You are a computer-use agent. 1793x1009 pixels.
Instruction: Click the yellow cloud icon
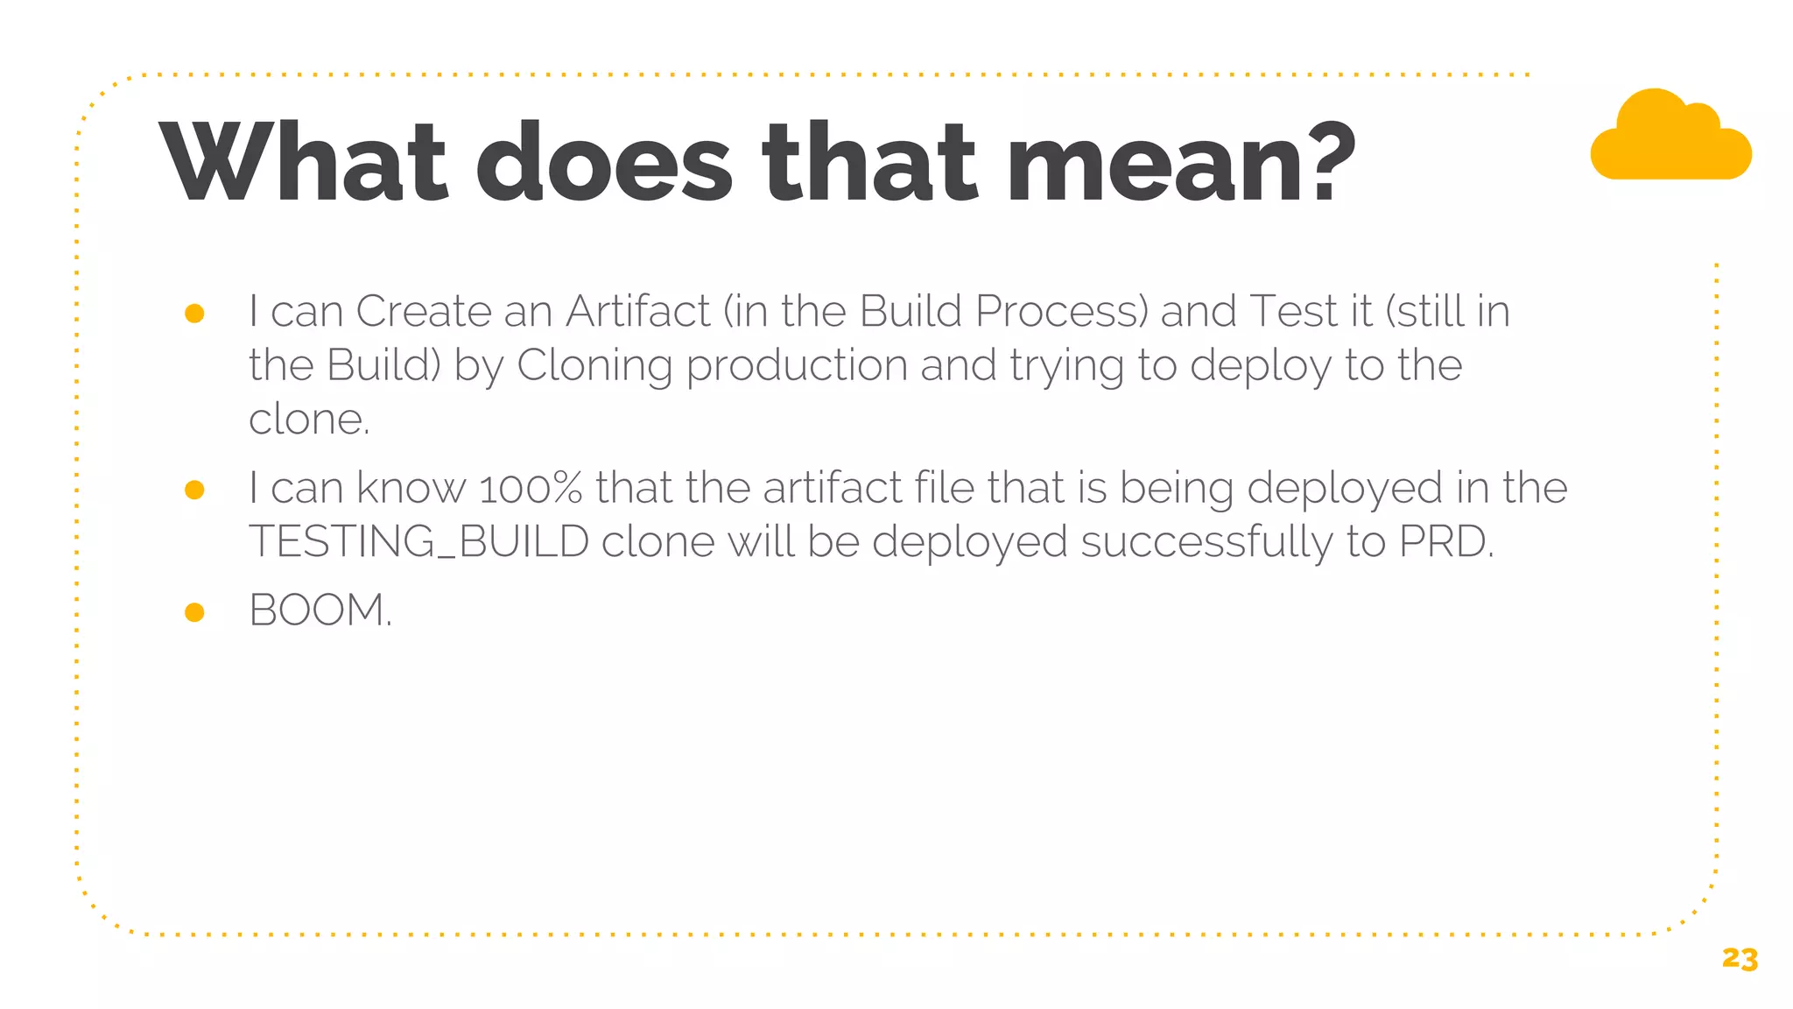point(1670,138)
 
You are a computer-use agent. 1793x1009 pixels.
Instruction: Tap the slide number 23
point(1740,959)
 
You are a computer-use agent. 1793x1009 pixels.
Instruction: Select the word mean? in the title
point(1181,163)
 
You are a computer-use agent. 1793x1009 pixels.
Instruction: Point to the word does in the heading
point(603,163)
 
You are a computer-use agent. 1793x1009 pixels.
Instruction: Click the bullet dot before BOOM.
point(194,611)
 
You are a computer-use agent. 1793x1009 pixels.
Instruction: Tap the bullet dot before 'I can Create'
point(194,314)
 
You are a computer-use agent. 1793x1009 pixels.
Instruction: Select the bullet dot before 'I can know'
point(194,490)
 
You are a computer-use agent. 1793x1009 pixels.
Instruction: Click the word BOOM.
point(320,610)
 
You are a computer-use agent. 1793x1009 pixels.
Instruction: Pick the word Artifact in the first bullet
point(638,311)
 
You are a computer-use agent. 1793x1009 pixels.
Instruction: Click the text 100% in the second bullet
point(531,488)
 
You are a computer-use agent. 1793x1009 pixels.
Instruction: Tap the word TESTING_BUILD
point(418,541)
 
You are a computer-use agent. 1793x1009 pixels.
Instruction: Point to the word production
point(797,365)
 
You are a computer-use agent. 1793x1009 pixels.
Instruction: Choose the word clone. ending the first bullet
point(309,419)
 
